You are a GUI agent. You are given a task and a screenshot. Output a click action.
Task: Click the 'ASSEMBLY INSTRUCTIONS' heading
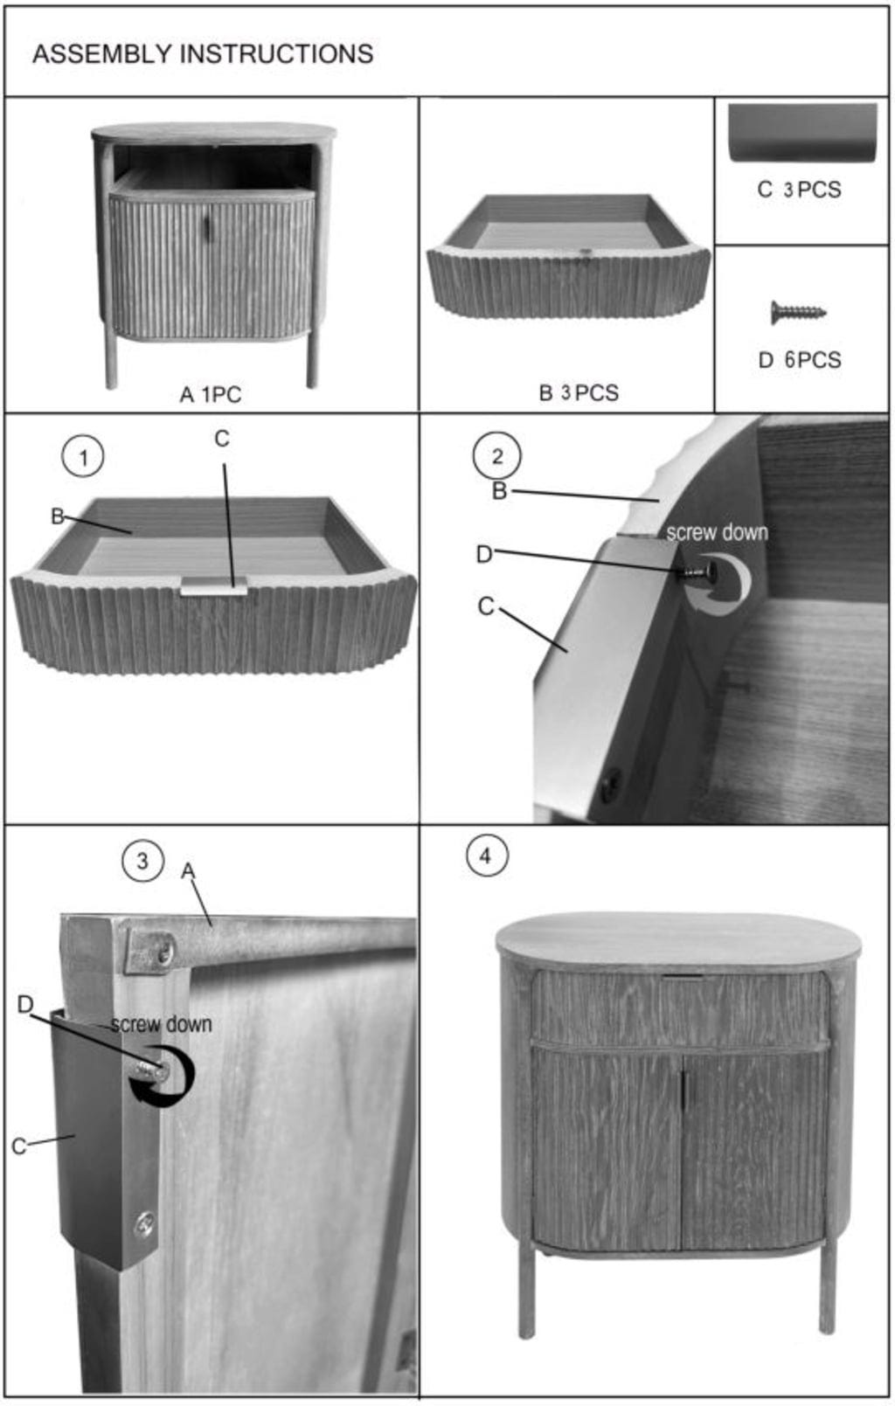(203, 54)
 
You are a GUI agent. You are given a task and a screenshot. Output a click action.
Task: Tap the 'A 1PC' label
(211, 394)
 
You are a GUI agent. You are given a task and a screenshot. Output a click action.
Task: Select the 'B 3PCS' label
(579, 393)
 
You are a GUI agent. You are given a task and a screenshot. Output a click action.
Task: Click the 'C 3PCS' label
(799, 190)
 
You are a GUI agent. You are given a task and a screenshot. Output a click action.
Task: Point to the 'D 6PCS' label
(800, 360)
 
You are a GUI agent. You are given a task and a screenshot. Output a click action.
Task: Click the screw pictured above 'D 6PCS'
(798, 312)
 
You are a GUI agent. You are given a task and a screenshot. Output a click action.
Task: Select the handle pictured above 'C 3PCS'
(802, 133)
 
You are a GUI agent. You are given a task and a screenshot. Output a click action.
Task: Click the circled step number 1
(83, 458)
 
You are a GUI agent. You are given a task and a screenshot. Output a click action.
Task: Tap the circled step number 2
(497, 456)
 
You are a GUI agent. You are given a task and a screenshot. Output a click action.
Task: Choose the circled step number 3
(142, 861)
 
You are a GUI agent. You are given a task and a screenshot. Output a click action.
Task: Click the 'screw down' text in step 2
(717, 532)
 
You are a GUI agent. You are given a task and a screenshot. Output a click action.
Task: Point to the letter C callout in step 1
(221, 439)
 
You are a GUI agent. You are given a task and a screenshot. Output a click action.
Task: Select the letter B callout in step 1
(57, 516)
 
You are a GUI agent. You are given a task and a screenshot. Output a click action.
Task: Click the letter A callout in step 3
(188, 870)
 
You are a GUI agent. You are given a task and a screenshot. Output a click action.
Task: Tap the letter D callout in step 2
(484, 554)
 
